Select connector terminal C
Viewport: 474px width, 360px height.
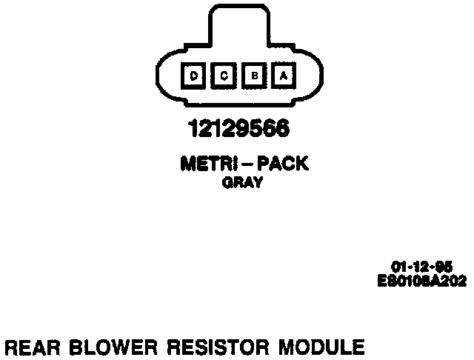(x=224, y=75)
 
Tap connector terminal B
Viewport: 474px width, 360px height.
(x=253, y=75)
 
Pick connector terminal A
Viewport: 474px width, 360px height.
(x=283, y=75)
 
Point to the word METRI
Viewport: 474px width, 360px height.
(x=204, y=164)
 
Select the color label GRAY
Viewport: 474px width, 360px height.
(x=242, y=184)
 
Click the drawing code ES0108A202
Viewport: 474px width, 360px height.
(x=423, y=280)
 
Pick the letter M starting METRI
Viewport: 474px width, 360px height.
(x=186, y=164)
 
